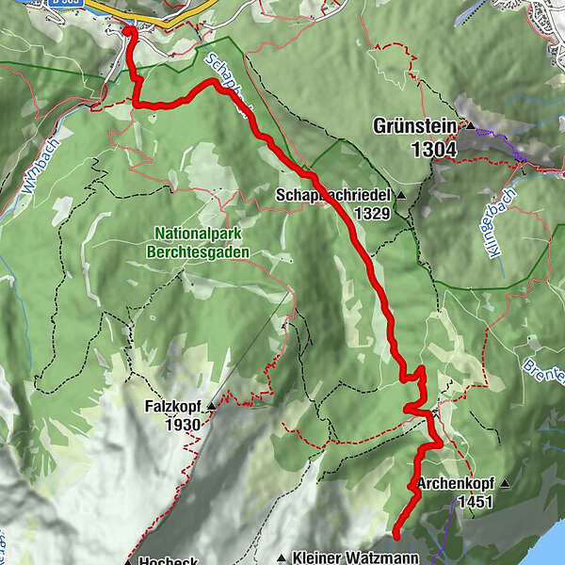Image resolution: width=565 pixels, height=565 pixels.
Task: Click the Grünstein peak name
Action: [414, 125]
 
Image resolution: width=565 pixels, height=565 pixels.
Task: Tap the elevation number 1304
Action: [433, 148]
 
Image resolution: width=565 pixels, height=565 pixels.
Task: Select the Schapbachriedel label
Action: [334, 195]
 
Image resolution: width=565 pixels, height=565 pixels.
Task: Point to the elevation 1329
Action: [372, 214]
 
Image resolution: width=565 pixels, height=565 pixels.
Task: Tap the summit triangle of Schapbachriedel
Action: [402, 196]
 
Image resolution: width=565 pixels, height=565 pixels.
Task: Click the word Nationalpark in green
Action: [197, 234]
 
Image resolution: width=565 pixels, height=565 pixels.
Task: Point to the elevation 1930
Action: [186, 426]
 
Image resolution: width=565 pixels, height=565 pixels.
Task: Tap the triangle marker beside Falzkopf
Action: [211, 407]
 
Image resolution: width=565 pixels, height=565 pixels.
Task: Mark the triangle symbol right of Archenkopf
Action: [506, 485]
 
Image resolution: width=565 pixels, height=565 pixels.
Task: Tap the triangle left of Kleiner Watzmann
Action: [282, 557]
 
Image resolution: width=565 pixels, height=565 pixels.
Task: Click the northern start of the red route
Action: [128, 32]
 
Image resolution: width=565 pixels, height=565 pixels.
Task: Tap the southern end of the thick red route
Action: [396, 531]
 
